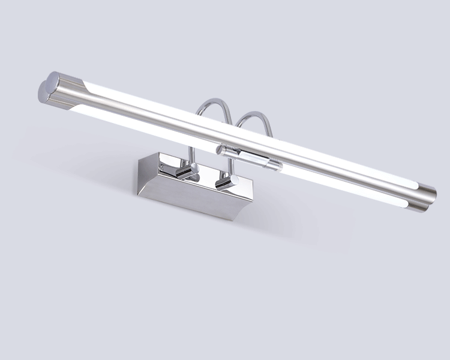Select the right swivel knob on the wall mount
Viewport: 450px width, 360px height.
225,182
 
